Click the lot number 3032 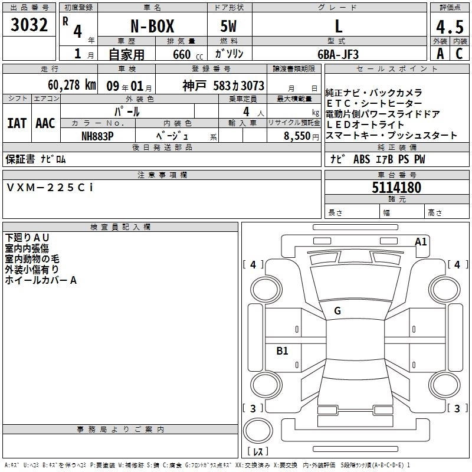tap(29, 25)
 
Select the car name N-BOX tap(152, 26)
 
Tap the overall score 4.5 tap(450, 27)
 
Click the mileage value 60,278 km tap(72, 85)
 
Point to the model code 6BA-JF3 tap(338, 54)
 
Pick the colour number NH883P tap(97, 136)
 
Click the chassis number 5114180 tap(396, 188)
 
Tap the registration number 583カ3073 tap(239, 86)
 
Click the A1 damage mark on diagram tap(421, 242)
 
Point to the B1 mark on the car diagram tap(282, 350)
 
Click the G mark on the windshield tap(337, 311)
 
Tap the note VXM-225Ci tap(50, 188)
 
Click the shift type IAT tap(17, 123)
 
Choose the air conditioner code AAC tap(45, 123)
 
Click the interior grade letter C tap(459, 54)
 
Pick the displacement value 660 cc tap(188, 54)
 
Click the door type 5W tap(228, 26)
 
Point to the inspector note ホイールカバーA tap(41, 280)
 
